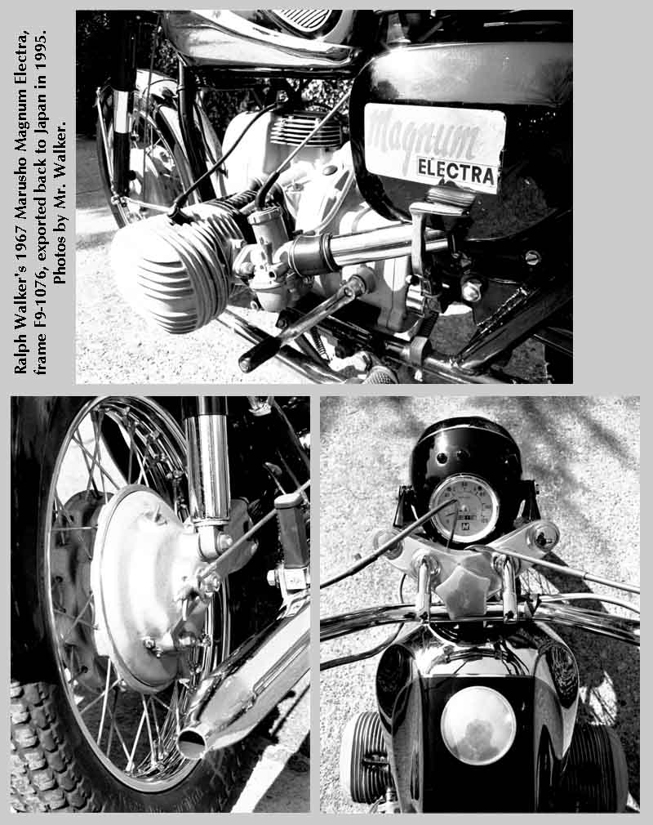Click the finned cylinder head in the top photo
coord(169,266)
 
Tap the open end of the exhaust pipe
coord(192,742)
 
